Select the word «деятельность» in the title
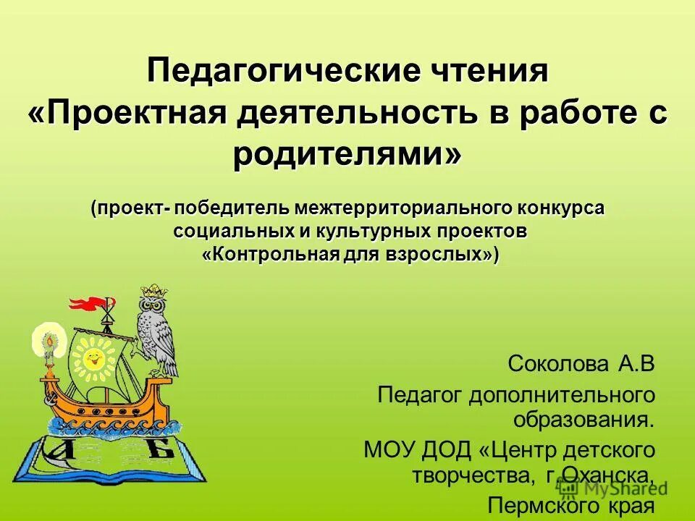point(332,114)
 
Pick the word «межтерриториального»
point(403,208)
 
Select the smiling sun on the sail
point(93,356)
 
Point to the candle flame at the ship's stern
point(49,341)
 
